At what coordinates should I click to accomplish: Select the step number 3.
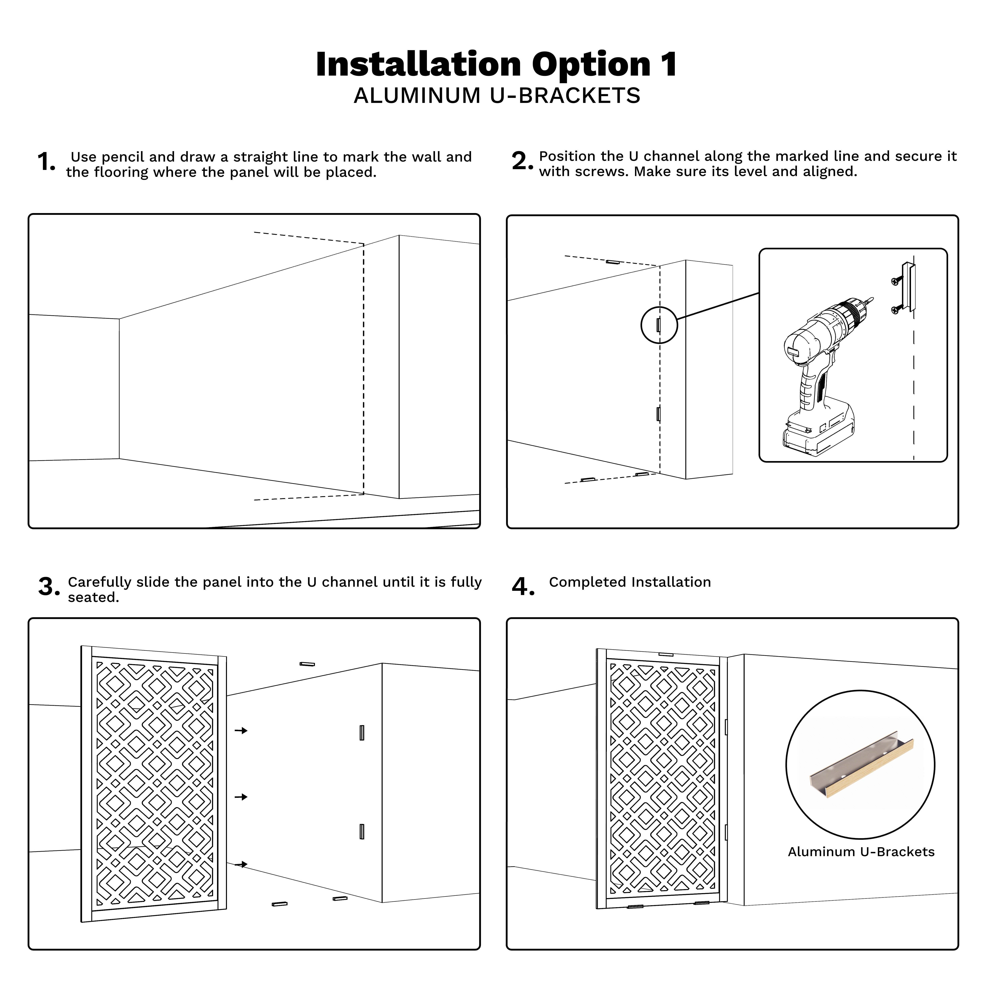pos(49,587)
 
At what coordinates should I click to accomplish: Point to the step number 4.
pos(523,587)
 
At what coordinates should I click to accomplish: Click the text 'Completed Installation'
pos(630,582)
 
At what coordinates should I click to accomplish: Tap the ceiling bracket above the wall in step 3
pos(307,665)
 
